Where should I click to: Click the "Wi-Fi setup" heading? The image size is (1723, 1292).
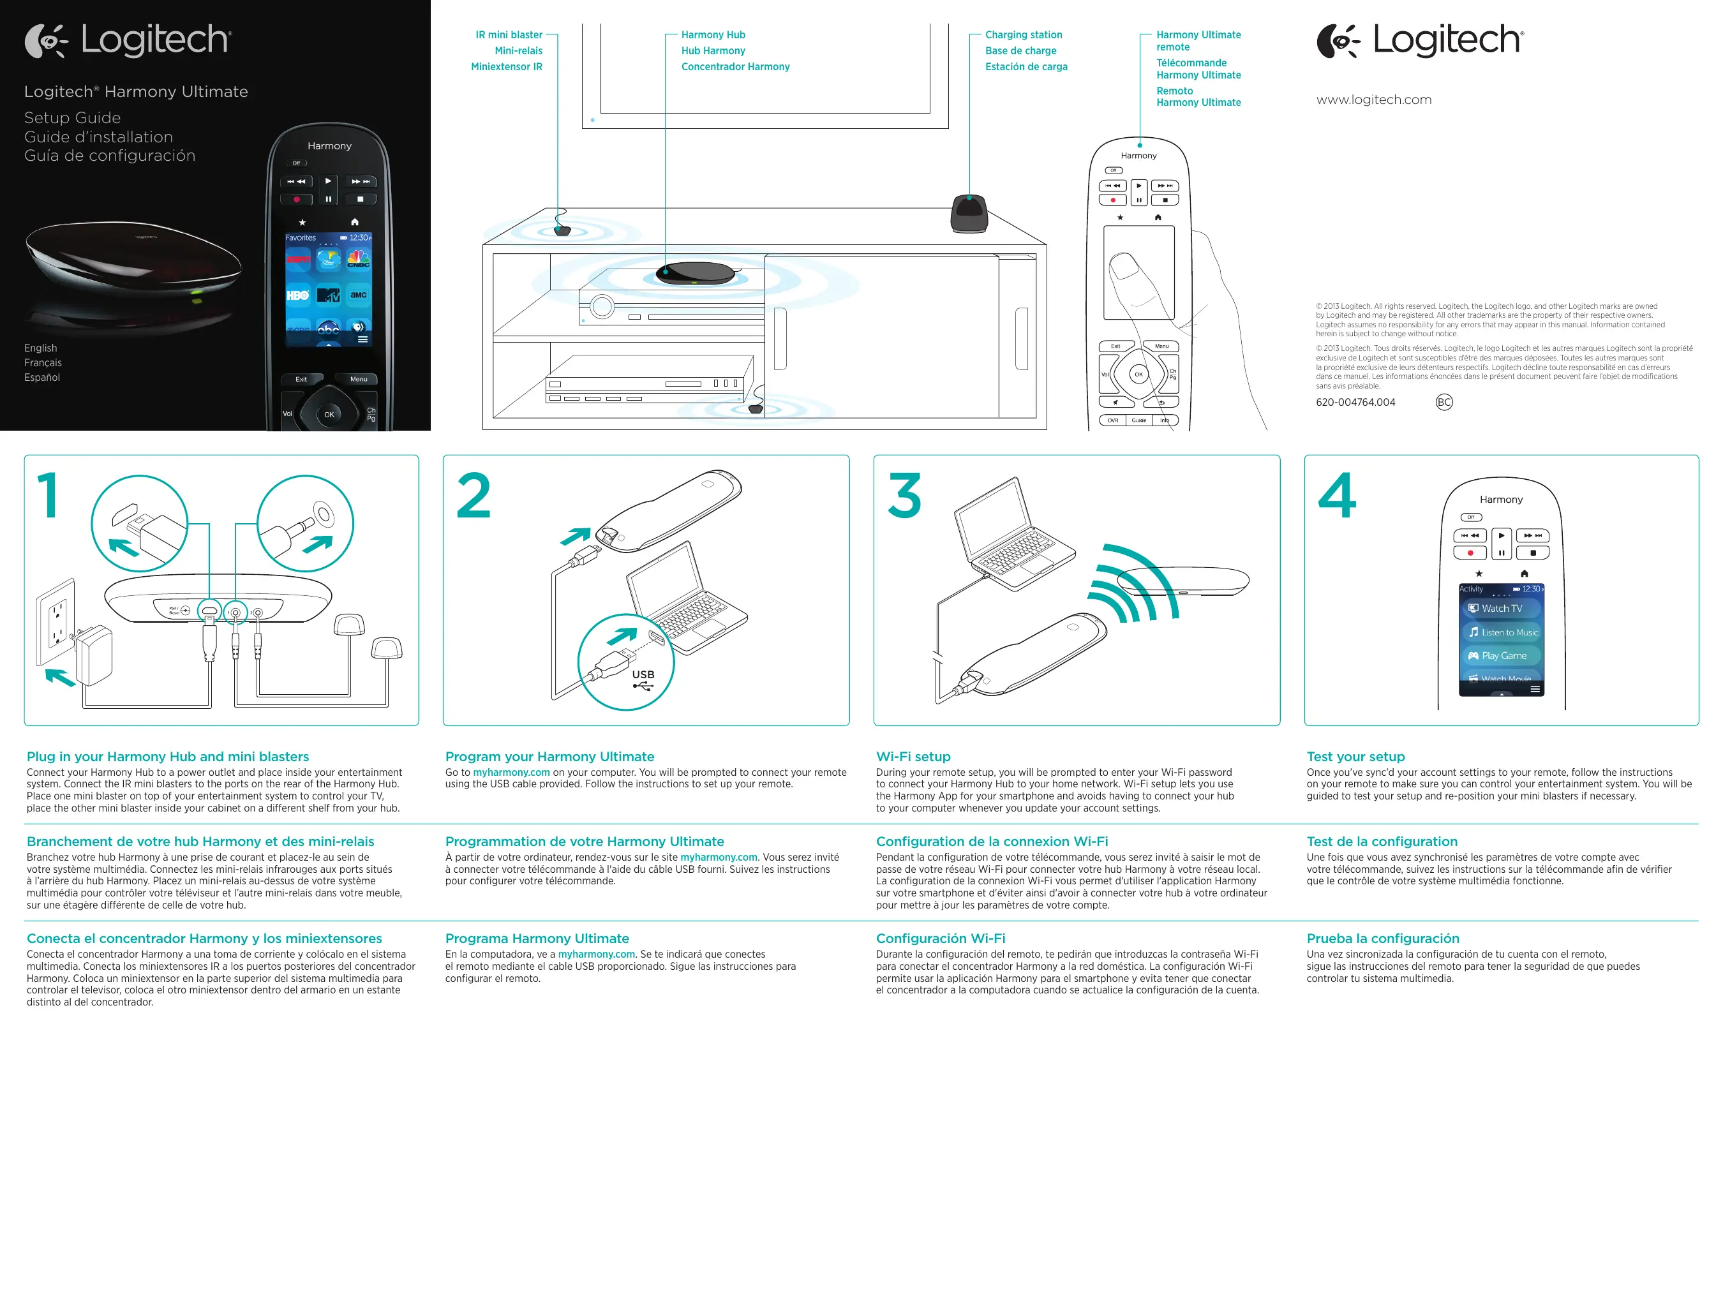913,756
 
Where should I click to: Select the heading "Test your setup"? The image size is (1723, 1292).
1355,756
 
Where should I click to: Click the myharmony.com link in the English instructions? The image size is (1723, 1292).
511,773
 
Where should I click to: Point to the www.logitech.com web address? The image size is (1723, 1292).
1373,100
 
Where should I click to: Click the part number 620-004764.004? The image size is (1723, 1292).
1355,403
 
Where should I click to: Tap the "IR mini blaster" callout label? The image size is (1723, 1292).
509,35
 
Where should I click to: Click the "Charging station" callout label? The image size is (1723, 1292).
1023,35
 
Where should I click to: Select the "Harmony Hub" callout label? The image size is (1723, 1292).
713,35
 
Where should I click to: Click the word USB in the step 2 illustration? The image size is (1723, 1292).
643,674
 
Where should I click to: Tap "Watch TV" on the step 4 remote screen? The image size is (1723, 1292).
1501,608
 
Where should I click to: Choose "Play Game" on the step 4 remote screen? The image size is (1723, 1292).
1503,656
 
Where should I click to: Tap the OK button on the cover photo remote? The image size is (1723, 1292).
329,414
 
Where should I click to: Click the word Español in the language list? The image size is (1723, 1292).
42,378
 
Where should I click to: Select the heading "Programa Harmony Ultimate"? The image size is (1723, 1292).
537,939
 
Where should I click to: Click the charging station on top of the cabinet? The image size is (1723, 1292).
969,212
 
